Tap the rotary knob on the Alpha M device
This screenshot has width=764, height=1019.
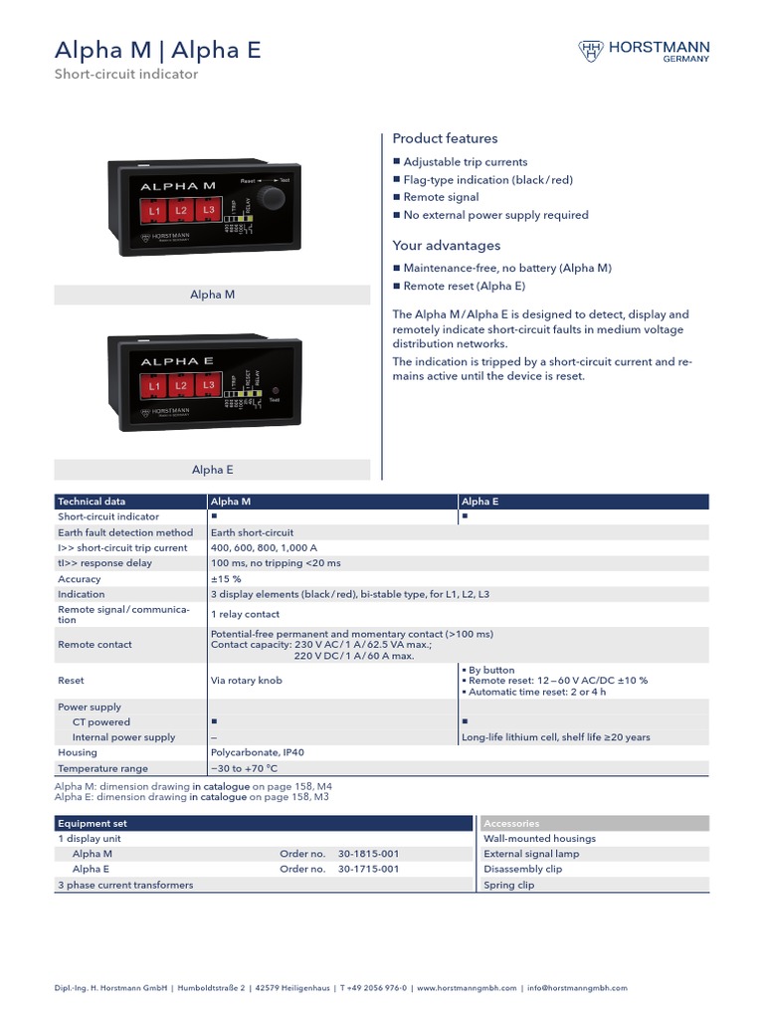tap(271, 197)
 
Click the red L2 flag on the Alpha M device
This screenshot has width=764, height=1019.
tap(181, 210)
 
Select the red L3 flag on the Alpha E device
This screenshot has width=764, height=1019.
tap(208, 384)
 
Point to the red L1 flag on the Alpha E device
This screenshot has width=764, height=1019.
tap(154, 385)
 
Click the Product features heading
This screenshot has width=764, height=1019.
tap(445, 138)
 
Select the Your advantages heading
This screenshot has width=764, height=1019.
tap(447, 245)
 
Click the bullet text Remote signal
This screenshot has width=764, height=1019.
tap(441, 197)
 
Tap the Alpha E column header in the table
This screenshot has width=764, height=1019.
tap(480, 502)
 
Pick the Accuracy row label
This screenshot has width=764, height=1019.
tap(80, 578)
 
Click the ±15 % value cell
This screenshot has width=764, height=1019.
tap(226, 578)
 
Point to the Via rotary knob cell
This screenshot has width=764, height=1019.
tap(245, 681)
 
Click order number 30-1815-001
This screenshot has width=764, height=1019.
tap(368, 854)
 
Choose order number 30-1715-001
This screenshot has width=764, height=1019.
tap(368, 869)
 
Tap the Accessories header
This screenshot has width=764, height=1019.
tap(511, 823)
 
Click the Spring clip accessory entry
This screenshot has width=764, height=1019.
tap(509, 885)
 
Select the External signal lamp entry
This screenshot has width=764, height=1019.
tap(531, 854)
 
